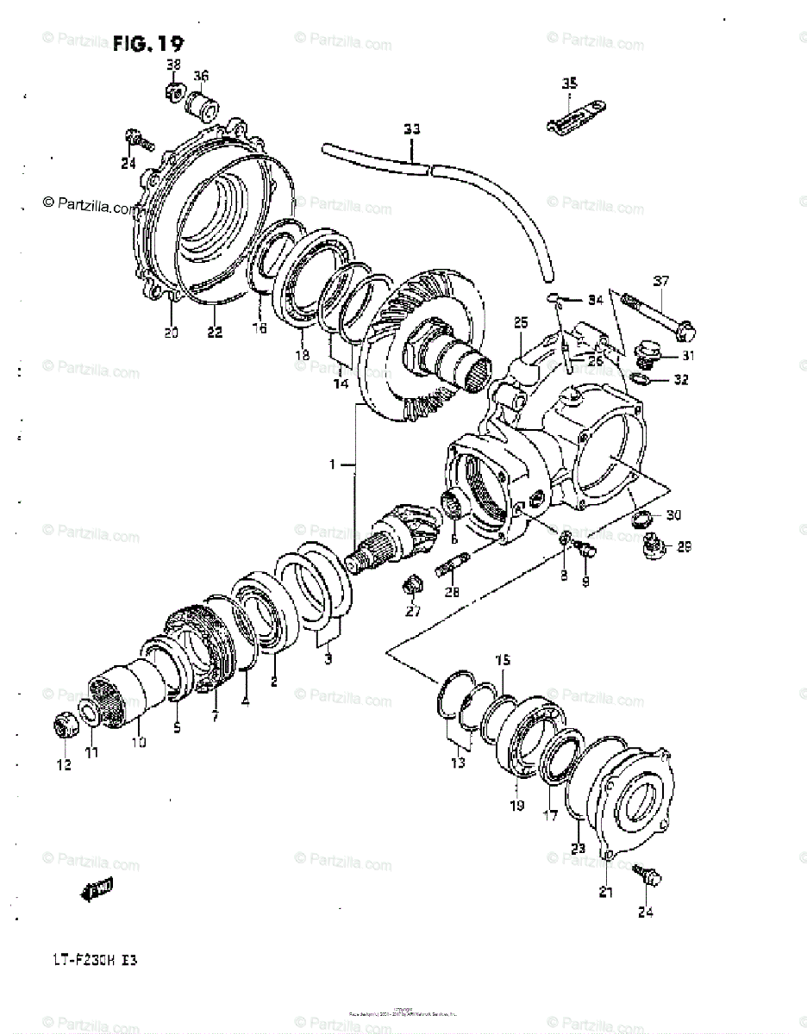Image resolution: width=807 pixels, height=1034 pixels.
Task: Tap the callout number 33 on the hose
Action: (412, 129)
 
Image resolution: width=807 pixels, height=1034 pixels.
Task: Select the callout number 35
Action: (569, 84)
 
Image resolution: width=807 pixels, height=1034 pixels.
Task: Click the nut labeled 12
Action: (65, 726)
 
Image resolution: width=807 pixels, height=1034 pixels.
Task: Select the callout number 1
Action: (334, 465)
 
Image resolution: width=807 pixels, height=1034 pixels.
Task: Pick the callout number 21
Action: (606, 893)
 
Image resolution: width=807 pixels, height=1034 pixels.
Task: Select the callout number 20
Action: (171, 333)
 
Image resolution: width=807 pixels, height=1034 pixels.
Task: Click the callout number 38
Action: (173, 65)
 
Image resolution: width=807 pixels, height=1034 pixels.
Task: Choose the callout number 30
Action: (672, 515)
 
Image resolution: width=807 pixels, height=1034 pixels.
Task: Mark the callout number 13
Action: (456, 763)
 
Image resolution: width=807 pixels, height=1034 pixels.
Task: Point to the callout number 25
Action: (520, 322)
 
